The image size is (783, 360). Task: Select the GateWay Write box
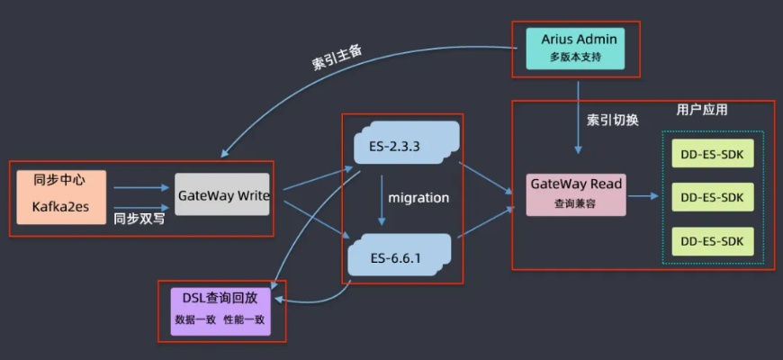click(x=221, y=194)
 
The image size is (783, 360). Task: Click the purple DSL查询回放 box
click(x=220, y=310)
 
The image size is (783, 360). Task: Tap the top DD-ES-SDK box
click(x=712, y=154)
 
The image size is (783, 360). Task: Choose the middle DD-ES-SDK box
click(x=712, y=196)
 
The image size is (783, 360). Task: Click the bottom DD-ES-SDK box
click(x=712, y=240)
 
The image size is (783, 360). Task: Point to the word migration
click(x=418, y=197)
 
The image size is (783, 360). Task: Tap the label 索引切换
click(x=612, y=120)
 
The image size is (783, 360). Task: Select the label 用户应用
click(x=701, y=110)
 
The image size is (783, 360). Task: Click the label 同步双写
click(x=139, y=218)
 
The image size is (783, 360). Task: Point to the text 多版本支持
click(x=575, y=58)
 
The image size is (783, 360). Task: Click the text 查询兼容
click(x=575, y=203)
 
